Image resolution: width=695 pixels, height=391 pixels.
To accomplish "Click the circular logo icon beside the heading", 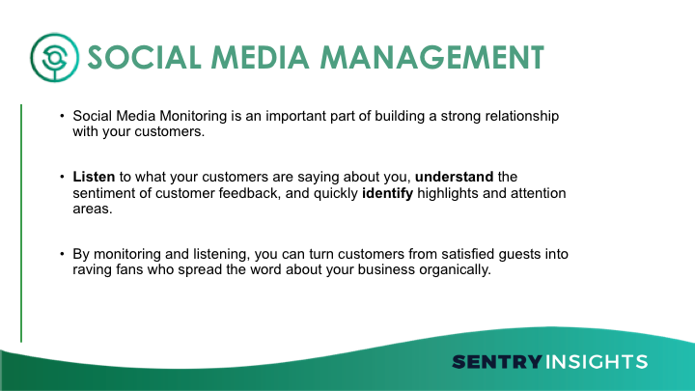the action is coord(54,58).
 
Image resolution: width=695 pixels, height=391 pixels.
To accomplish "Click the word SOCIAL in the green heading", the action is coord(145,58).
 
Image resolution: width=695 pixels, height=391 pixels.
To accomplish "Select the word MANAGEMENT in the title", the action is coord(432,58).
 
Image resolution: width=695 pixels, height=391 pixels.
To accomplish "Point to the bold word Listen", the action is coord(94,177).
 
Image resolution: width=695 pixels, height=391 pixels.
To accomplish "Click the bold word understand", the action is coord(454,177).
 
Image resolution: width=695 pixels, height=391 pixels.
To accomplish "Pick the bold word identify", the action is coord(387,194).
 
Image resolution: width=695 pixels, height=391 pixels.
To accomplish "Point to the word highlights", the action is coord(448,194).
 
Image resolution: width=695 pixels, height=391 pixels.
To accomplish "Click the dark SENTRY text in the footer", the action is coord(497,362).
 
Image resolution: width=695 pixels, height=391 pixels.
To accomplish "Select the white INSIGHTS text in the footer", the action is coord(597,362).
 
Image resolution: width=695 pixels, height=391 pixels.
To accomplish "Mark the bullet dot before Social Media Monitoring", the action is coord(62,116).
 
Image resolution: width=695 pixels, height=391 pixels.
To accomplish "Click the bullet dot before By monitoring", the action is coord(62,254).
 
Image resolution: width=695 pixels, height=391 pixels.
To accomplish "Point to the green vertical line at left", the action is coord(21,223).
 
